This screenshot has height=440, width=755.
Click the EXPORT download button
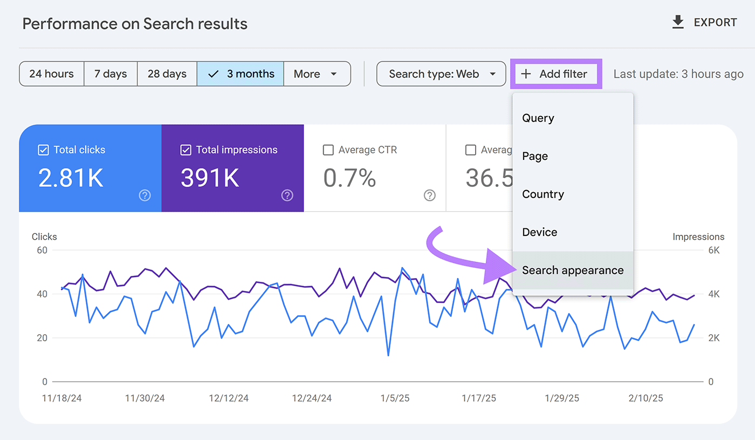704,23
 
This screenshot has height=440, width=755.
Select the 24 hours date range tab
52,74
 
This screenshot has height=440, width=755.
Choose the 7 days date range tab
111,74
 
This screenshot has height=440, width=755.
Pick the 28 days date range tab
167,74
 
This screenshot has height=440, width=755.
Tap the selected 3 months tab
241,74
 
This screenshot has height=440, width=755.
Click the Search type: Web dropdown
441,74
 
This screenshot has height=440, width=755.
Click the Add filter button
555,74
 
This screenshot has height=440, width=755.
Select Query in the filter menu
538,118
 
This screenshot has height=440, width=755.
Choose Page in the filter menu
535,156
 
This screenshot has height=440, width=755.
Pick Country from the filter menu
543,194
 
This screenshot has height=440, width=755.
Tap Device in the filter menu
540,232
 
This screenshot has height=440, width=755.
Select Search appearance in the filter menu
573,270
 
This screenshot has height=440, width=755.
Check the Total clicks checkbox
44,150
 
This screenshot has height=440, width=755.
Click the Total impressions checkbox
186,150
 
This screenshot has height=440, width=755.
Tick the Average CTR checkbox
328,150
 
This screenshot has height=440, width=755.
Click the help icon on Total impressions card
287,195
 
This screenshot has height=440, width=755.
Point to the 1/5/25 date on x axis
395,398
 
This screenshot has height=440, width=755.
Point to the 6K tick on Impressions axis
713,251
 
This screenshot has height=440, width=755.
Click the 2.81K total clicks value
71,178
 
